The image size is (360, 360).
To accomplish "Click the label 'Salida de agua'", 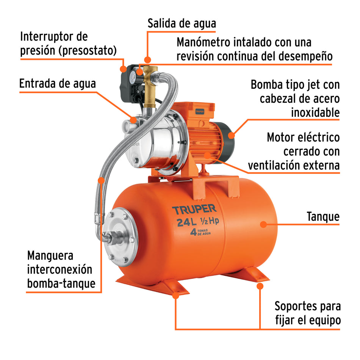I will (182, 23).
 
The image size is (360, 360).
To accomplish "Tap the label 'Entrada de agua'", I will (58, 84).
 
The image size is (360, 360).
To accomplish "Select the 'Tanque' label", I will (323, 217).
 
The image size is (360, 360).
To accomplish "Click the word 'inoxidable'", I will (315, 113).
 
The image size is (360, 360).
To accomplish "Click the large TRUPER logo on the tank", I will (194, 209).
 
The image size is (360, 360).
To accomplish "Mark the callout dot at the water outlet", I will (148, 59).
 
